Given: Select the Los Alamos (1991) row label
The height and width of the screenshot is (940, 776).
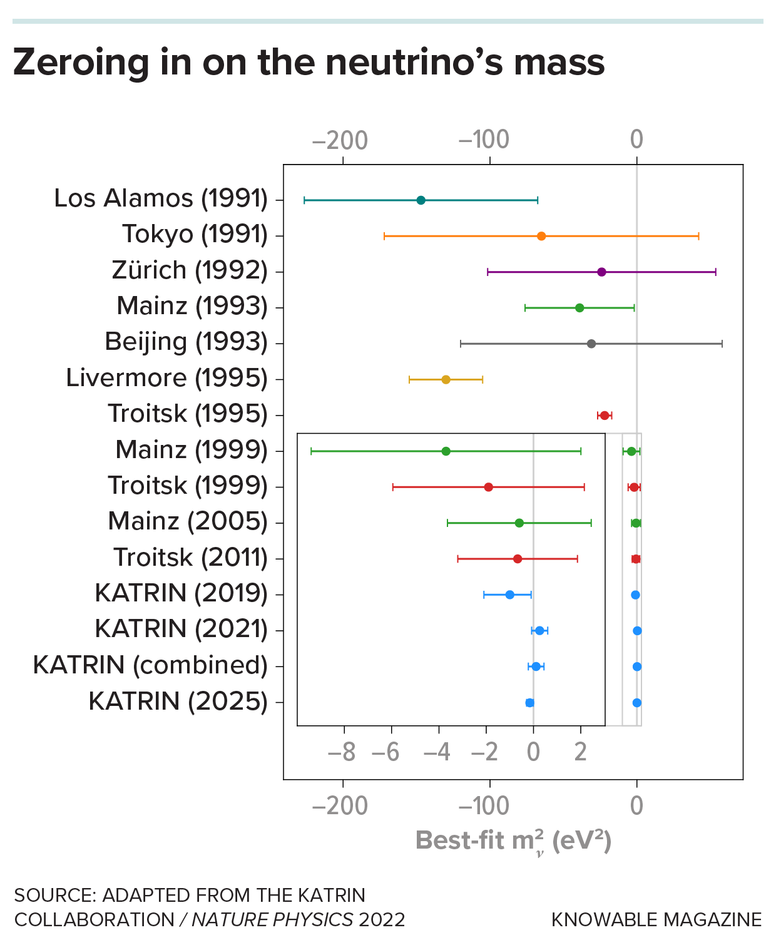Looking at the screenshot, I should tap(161, 198).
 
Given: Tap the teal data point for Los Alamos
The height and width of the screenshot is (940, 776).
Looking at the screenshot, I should tap(421, 200).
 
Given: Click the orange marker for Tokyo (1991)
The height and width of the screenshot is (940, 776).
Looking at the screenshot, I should tap(541, 236).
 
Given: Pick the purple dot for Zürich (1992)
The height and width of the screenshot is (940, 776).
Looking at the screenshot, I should tap(601, 272).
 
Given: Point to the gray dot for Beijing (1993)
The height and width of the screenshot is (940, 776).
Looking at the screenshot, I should tap(591, 344).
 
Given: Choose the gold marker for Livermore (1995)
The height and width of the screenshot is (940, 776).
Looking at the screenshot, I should tap(446, 379).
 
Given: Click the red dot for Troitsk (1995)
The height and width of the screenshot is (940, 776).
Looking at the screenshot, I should tap(605, 416).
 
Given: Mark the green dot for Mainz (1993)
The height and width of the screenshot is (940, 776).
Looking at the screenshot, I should tap(579, 308).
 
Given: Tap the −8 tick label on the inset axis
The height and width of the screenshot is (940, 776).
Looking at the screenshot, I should tap(341, 752).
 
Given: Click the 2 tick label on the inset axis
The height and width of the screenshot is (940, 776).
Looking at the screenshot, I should tap(581, 752).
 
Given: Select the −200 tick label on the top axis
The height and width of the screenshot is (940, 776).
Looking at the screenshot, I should tap(340, 140).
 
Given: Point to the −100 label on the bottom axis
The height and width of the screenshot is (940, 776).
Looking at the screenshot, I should tap(484, 806).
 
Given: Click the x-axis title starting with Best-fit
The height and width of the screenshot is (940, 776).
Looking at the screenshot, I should tap(513, 840).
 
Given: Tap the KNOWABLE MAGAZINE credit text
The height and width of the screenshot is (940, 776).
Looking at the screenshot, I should tap(656, 919).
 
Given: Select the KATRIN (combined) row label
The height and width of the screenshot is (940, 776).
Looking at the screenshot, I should tap(150, 665).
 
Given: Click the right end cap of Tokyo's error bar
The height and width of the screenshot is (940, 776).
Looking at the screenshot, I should tap(698, 236).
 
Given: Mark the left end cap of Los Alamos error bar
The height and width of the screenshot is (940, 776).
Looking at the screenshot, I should tap(304, 200).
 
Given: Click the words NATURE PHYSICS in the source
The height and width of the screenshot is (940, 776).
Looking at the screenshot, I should tap(272, 919).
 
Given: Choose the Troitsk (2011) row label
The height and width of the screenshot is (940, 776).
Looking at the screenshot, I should tap(190, 558).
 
